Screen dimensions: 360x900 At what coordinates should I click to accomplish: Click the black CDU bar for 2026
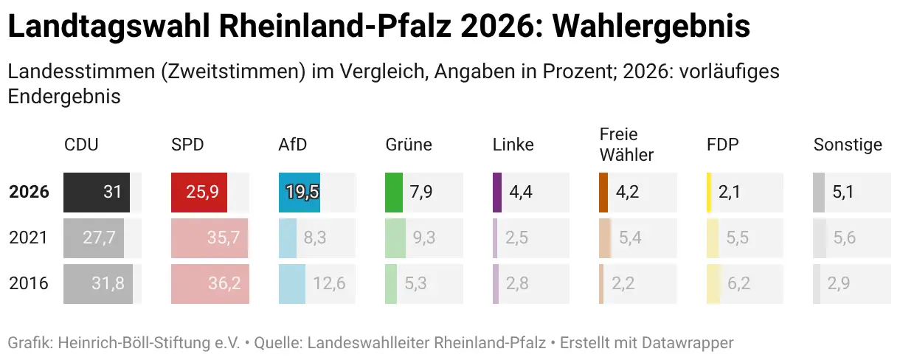(97, 193)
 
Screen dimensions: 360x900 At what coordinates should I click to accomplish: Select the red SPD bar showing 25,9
(199, 193)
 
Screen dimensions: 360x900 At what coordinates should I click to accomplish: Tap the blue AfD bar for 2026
(299, 193)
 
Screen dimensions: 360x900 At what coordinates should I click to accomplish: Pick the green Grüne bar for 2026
(394, 193)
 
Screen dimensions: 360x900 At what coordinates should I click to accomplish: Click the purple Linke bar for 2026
(497, 193)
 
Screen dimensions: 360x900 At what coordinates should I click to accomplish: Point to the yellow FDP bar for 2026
(709, 193)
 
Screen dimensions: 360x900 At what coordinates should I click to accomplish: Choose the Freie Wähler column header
(626, 145)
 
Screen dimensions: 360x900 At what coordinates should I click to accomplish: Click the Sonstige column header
(848, 145)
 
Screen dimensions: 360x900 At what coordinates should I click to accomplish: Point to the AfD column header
(292, 145)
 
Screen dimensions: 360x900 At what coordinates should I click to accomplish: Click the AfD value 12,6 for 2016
(329, 283)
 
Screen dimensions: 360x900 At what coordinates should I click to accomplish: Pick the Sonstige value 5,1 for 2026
(842, 193)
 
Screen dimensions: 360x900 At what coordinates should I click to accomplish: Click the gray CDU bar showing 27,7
(94, 238)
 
